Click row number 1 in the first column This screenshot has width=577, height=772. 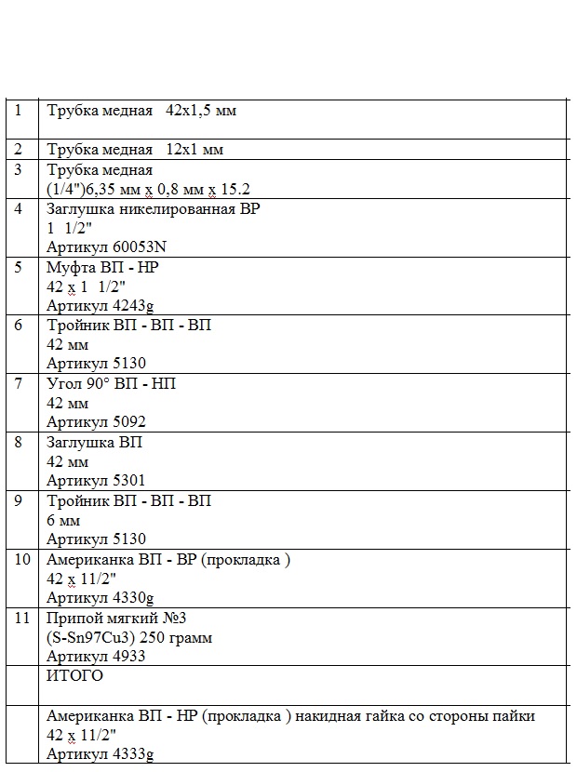coord(19,110)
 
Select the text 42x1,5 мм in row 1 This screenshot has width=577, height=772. coord(201,111)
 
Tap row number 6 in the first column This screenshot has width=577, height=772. coord(19,326)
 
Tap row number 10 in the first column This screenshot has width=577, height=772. coord(21,559)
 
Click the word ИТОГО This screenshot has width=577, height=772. coord(75,676)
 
